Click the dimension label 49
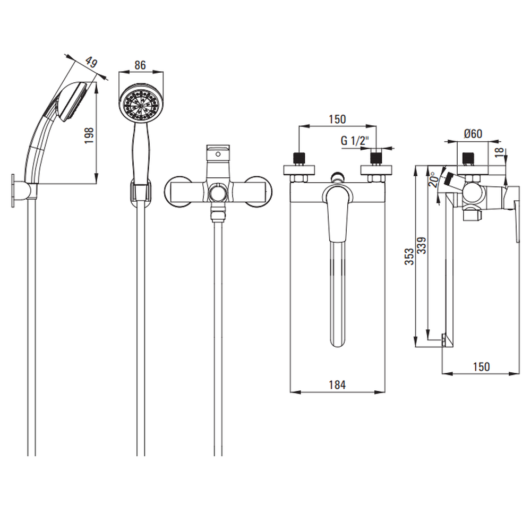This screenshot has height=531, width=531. [91, 63]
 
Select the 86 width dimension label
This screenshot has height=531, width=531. [140, 65]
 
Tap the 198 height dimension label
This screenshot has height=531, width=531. [89, 135]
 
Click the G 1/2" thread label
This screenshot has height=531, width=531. [355, 141]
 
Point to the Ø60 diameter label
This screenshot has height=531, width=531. [473, 134]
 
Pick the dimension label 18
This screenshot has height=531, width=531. [500, 152]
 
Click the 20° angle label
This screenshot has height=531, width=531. [434, 179]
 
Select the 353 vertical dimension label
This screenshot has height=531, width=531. [409, 256]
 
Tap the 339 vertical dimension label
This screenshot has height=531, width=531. [422, 245]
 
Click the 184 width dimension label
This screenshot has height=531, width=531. [337, 384]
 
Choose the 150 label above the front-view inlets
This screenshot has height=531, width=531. [337, 119]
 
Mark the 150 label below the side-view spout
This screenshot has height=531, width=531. [481, 367]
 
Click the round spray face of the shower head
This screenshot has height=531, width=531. [141, 104]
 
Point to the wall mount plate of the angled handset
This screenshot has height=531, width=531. [13, 191]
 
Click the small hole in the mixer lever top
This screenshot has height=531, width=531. [218, 155]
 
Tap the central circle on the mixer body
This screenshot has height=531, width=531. [218, 194]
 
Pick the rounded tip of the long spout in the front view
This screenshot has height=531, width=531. [337, 341]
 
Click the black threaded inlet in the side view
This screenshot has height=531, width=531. [468, 158]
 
